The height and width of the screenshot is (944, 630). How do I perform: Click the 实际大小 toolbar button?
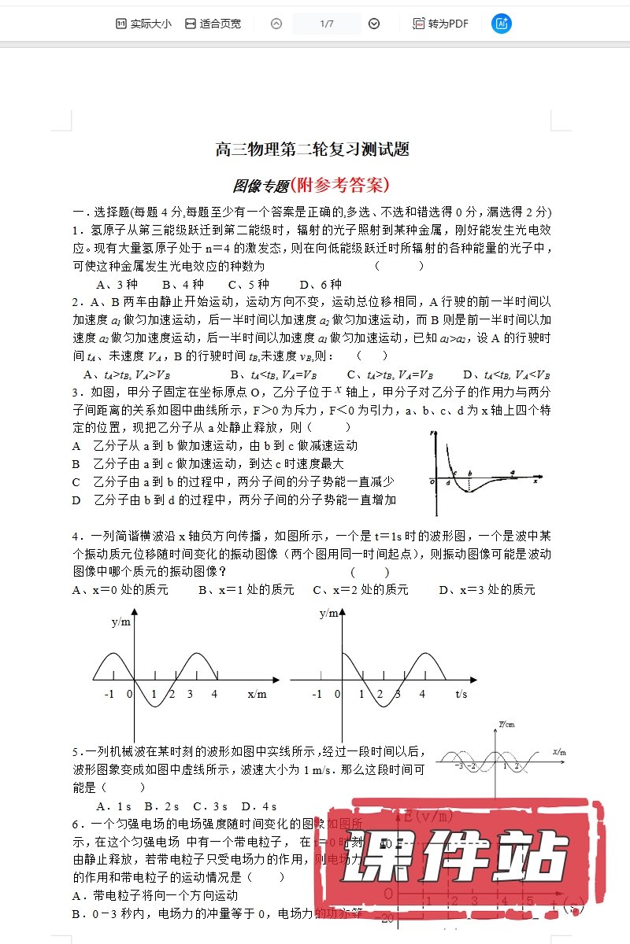pos(143,24)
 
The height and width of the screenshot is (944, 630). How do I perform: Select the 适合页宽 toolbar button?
pos(213,24)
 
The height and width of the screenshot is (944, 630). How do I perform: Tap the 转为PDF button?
pos(441,24)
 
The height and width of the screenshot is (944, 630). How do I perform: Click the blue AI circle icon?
pos(501,24)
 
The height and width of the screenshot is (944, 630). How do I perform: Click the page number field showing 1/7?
pos(327,24)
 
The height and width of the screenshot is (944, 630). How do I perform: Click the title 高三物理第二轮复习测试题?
pos(313,149)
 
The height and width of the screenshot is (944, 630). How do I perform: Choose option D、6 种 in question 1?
pos(321,284)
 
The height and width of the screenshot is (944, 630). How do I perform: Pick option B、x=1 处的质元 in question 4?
pos(246,589)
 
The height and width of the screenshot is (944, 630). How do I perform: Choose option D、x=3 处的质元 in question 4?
pos(487,589)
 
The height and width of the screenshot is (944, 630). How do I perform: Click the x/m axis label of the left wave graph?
pos(257,695)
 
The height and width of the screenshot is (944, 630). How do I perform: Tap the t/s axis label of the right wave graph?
pos(461,695)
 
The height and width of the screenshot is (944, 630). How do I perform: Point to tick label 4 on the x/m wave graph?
pos(214,695)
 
